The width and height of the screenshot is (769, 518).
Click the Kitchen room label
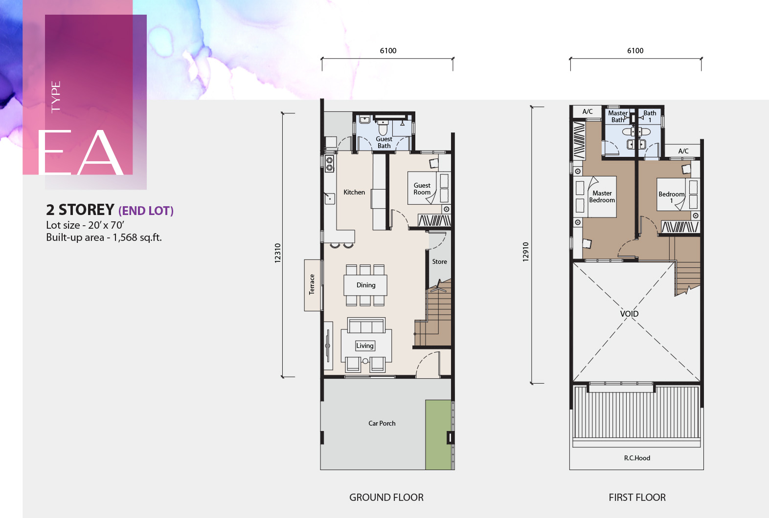[354, 192]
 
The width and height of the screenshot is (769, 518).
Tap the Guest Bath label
[384, 142]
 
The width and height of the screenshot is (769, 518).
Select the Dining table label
[366, 285]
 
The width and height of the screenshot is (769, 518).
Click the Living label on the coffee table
[364, 346]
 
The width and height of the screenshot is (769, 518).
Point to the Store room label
[439, 262]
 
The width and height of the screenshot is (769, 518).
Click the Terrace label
[312, 284]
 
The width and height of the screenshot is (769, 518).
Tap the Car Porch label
[382, 423]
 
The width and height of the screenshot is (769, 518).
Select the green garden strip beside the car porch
[438, 434]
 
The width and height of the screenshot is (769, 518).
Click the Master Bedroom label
[602, 196]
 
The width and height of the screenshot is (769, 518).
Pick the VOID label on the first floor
[629, 314]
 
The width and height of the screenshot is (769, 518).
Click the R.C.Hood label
[637, 458]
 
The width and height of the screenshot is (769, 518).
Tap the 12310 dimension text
[277, 253]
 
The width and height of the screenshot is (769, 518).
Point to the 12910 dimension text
[525, 252]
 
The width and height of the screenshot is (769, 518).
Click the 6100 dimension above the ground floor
[388, 51]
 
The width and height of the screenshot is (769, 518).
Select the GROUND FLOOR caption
[386, 497]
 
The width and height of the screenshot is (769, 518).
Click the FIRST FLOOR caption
[637, 497]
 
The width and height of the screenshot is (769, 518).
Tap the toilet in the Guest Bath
[383, 128]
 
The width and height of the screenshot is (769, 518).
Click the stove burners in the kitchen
[330, 164]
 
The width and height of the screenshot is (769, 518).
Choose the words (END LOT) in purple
[146, 211]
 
